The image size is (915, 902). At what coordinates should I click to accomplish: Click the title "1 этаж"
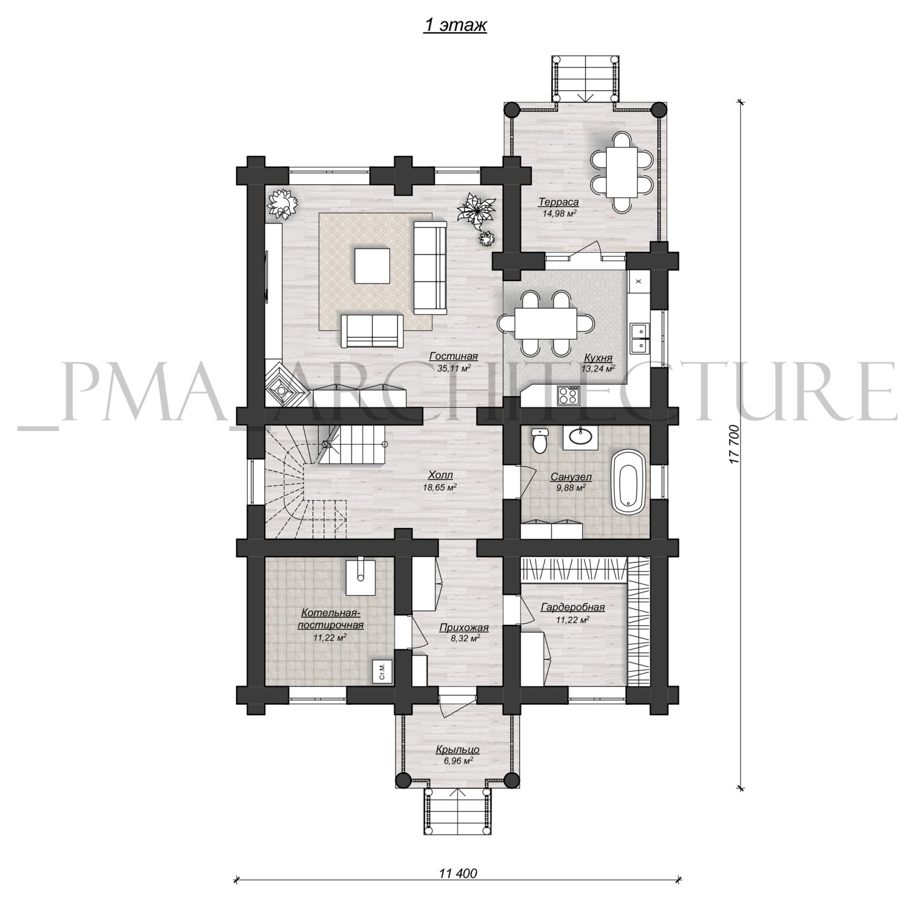pos(455,26)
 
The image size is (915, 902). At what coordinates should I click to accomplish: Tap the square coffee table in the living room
pos(372,265)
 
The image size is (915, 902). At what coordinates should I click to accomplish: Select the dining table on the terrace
pos(621,171)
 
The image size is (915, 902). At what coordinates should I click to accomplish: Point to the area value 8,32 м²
pos(464,639)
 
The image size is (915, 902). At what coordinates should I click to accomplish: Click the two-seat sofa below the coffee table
pos(372,330)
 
